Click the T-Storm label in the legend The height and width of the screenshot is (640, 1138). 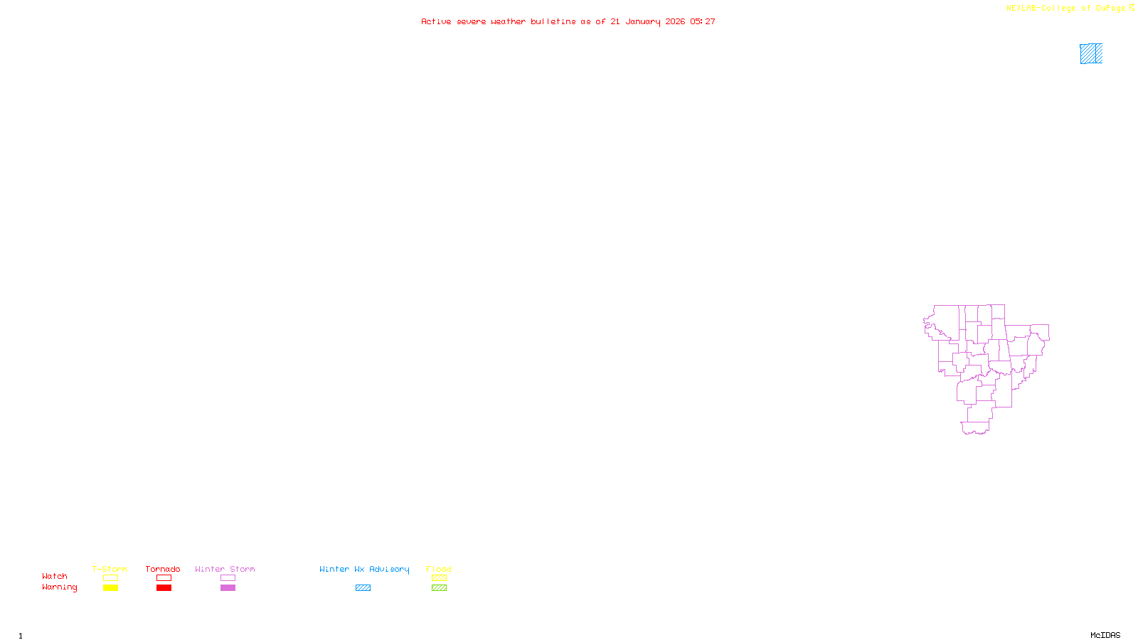pyautogui.click(x=110, y=569)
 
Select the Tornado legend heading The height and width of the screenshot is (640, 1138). pyautogui.click(x=163, y=569)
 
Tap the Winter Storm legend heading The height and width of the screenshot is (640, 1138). pyautogui.click(x=225, y=569)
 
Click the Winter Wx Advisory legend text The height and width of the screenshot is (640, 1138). pyautogui.click(x=364, y=569)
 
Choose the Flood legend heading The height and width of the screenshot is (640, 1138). pyautogui.click(x=439, y=569)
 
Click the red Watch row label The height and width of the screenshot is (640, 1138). pyautogui.click(x=55, y=576)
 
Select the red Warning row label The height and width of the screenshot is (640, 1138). pyautogui.click(x=60, y=587)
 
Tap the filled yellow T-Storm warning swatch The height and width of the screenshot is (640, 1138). pyautogui.click(x=110, y=588)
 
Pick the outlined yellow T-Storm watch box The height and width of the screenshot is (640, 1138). pyautogui.click(x=110, y=578)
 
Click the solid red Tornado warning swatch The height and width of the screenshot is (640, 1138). pyautogui.click(x=164, y=588)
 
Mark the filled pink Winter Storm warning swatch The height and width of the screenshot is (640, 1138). pyautogui.click(x=228, y=588)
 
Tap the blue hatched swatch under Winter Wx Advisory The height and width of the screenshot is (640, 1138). pyautogui.click(x=363, y=588)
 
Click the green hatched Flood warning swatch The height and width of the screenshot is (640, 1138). pyautogui.click(x=439, y=588)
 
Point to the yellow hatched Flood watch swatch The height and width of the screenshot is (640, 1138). pyautogui.click(x=439, y=578)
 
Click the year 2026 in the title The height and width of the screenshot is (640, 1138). pyautogui.click(x=675, y=21)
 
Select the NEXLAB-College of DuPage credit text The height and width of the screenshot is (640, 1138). pyautogui.click(x=1066, y=8)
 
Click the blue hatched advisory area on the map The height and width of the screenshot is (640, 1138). pyautogui.click(x=1091, y=53)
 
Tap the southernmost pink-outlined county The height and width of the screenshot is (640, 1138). pyautogui.click(x=975, y=427)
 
